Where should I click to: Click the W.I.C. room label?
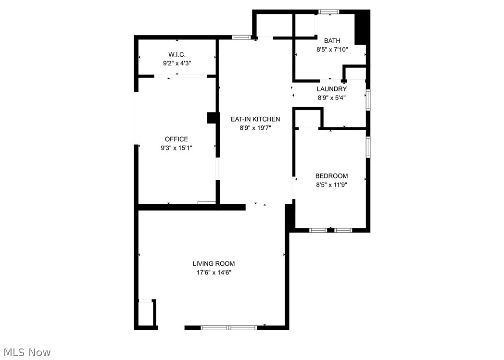tap(176, 54)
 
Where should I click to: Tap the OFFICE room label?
tap(176, 139)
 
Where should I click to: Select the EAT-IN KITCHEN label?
tap(255, 119)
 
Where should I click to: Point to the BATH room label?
tap(332, 41)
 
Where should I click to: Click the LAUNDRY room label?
tap(331, 89)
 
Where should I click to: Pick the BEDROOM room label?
tap(331, 176)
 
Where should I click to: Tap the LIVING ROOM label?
tap(214, 263)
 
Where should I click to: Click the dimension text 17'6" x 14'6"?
tap(214, 273)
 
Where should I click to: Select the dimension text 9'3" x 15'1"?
tap(176, 148)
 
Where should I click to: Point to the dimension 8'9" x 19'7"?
tap(255, 128)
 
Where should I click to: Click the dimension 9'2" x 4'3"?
tap(176, 63)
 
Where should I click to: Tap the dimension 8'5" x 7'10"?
tap(332, 49)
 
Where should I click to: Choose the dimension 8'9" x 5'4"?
tap(331, 98)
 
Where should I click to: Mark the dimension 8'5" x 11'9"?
tap(331, 185)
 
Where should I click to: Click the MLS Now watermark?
tap(26, 352)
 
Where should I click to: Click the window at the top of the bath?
tap(329, 12)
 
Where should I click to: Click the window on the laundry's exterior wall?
tap(368, 99)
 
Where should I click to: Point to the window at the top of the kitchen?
tap(241, 37)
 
